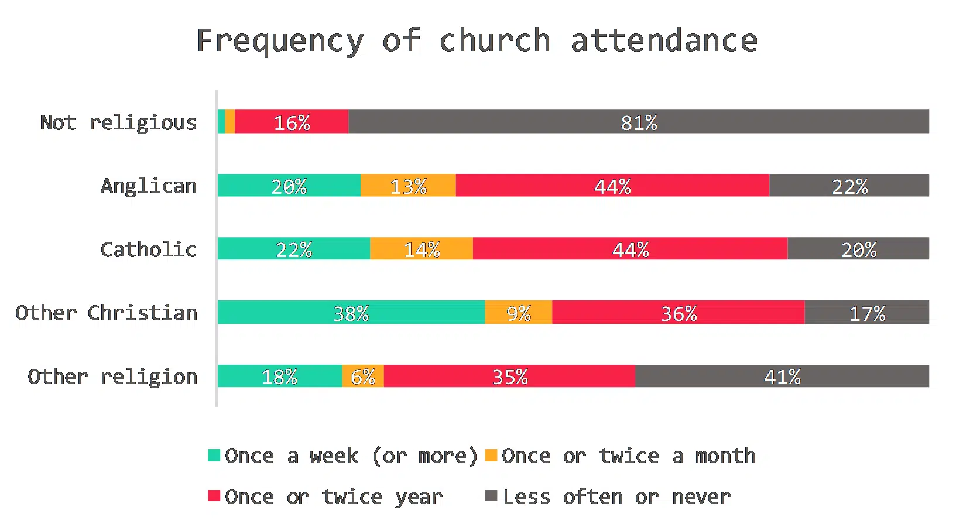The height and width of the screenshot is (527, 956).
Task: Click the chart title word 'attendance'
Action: [664, 41]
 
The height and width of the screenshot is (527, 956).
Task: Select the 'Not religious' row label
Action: [118, 122]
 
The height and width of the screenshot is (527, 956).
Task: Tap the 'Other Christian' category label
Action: [107, 313]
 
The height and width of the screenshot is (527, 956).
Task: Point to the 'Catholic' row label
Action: [148, 249]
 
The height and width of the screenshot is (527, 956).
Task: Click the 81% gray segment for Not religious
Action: [638, 122]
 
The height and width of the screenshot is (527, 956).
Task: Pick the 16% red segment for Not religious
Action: [292, 122]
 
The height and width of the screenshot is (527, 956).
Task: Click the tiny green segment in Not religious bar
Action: [221, 122]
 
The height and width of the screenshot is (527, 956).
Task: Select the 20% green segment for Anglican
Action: [289, 186]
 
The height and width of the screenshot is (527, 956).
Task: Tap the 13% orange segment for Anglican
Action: [408, 186]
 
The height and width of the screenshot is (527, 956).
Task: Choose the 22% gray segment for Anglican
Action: [849, 186]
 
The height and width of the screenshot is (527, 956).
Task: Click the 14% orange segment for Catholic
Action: [422, 249]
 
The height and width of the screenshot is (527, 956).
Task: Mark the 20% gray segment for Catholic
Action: [858, 249]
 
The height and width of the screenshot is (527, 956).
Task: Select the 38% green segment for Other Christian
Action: [351, 313]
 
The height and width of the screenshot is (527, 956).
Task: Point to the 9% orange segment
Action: [518, 313]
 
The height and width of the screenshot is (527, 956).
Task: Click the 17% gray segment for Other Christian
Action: [866, 313]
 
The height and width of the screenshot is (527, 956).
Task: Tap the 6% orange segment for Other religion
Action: [363, 376]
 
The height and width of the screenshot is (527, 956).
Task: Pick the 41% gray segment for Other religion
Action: [782, 376]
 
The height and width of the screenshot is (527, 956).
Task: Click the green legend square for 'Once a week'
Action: [214, 455]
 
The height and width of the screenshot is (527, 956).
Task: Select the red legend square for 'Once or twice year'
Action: [214, 496]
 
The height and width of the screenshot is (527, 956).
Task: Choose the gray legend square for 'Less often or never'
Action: [491, 496]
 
